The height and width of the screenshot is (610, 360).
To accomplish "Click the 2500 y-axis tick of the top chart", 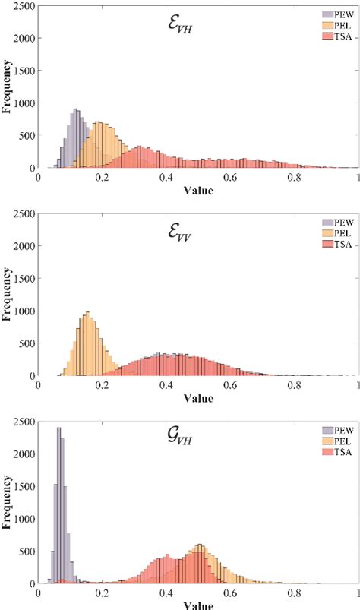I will coord(24,5).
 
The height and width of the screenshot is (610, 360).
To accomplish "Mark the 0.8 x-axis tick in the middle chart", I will coord(294,384).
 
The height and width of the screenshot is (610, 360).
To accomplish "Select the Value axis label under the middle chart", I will coord(198,397).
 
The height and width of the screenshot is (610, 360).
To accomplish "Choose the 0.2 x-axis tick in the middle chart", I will coord(103,384).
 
